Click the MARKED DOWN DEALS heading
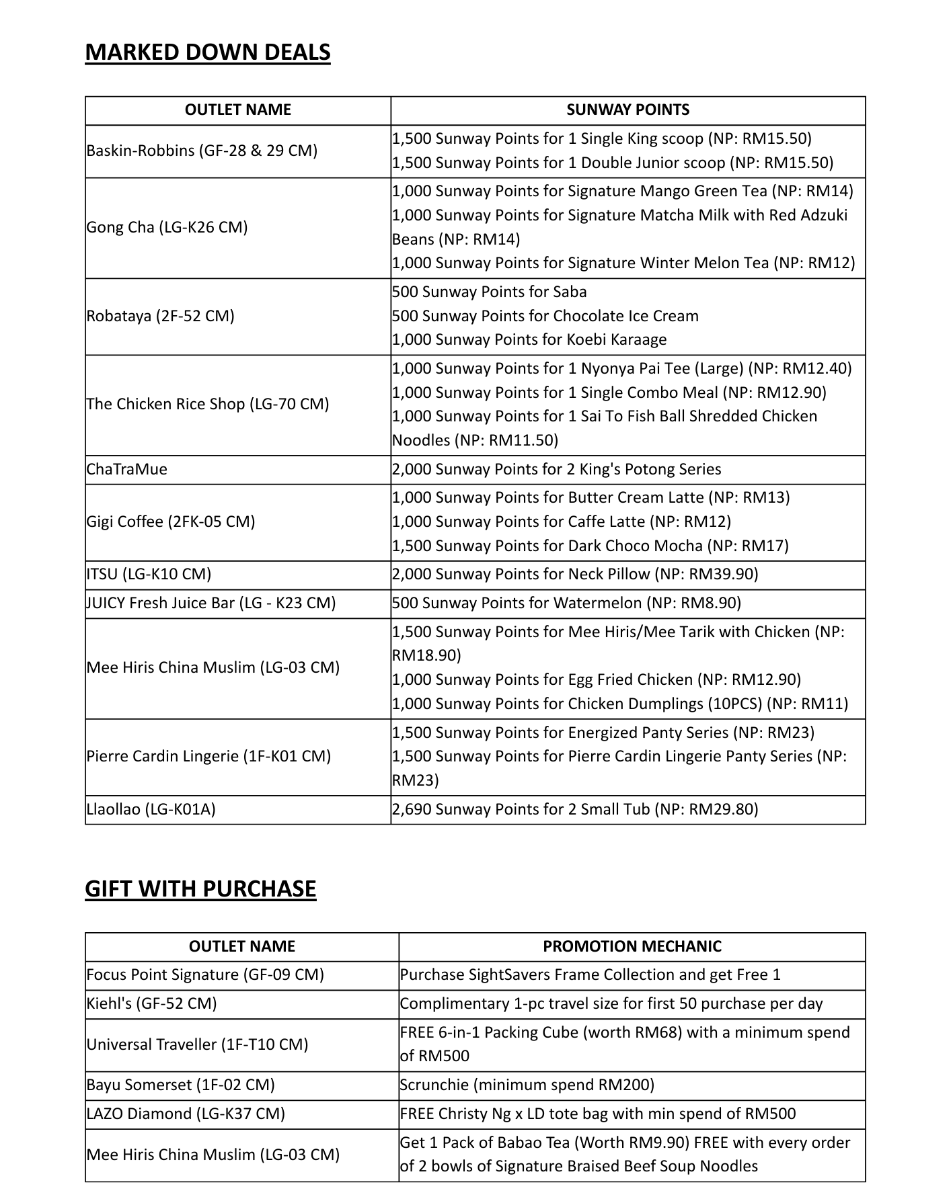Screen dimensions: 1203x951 [207, 52]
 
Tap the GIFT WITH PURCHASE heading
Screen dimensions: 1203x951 [200, 888]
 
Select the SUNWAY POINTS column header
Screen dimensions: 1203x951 [627, 110]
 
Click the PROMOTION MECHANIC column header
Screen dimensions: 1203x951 [632, 946]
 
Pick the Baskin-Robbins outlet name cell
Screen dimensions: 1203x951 [202, 151]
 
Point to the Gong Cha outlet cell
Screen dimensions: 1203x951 [167, 227]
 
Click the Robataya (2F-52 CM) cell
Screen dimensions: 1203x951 [160, 316]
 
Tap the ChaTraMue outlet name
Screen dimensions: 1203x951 [126, 469]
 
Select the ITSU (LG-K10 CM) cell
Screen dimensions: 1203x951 [149, 574]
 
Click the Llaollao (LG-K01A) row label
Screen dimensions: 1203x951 [151, 809]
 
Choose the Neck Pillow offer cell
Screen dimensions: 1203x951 [575, 574]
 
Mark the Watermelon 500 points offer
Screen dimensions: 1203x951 [566, 603]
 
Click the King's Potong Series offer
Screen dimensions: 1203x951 [556, 469]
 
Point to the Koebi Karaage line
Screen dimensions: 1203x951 [529, 340]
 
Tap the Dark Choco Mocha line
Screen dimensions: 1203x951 [590, 546]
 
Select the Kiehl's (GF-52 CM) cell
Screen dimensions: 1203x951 [151, 1003]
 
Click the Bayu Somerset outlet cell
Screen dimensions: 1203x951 [180, 1085]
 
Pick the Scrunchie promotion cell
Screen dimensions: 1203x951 [527, 1085]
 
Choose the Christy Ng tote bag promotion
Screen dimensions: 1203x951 [597, 1114]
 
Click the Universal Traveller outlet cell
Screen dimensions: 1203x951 [197, 1044]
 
